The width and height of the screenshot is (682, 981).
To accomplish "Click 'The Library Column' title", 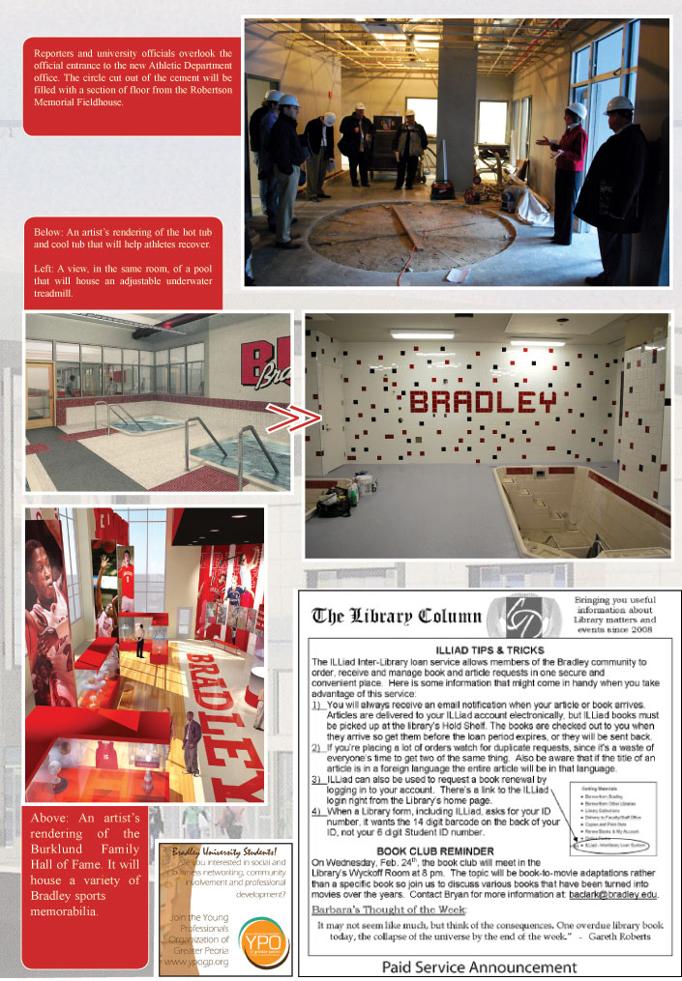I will click(397, 616).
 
